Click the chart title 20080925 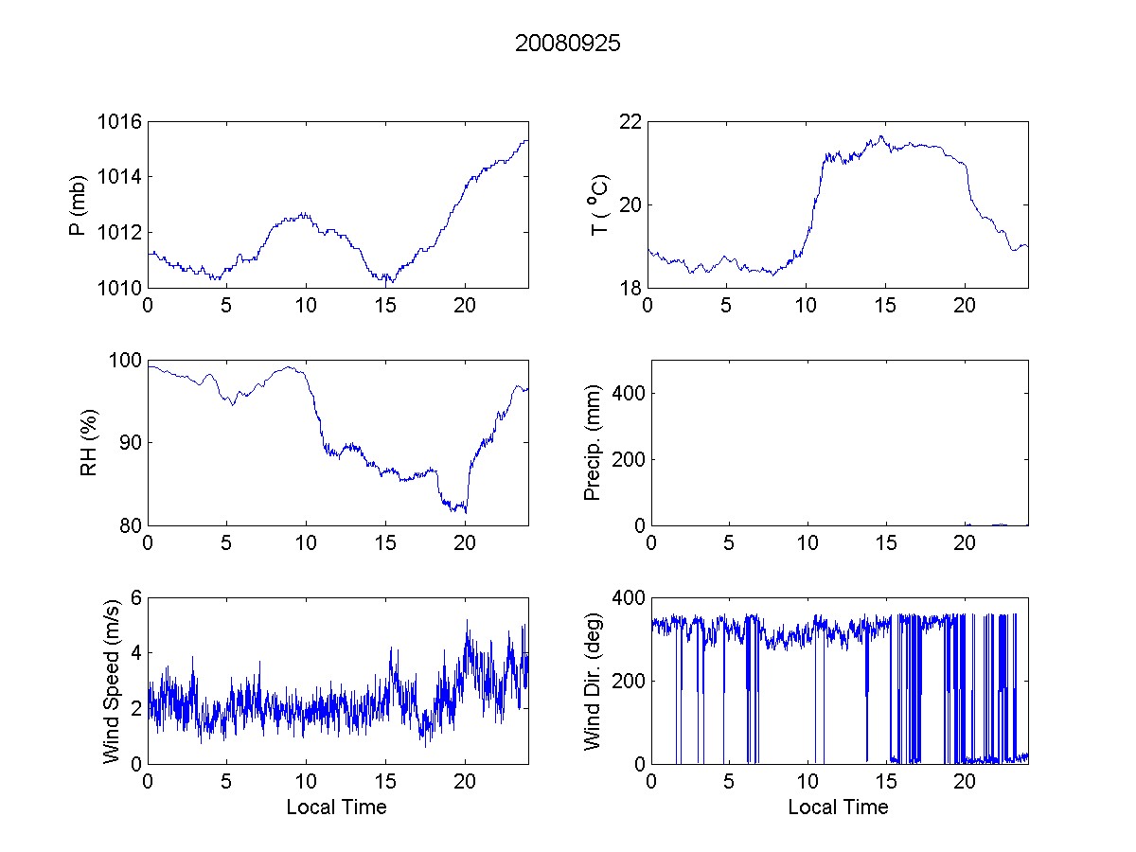click(x=568, y=44)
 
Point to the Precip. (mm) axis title click(x=594, y=442)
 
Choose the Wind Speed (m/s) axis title click(x=112, y=680)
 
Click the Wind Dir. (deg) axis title click(x=594, y=680)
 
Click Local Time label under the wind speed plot click(x=336, y=807)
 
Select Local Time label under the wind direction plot click(x=838, y=807)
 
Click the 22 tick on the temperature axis click(x=630, y=122)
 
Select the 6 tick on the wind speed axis click(x=135, y=597)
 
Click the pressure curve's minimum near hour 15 click(x=389, y=282)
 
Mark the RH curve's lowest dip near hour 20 click(x=466, y=512)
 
